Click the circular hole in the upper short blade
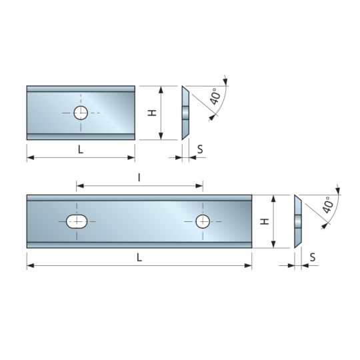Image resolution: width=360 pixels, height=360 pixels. point(81,113)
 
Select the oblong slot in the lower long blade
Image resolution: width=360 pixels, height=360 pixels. point(77,221)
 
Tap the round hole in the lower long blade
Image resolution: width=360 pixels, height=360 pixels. point(203,221)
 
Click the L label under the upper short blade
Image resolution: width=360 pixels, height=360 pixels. point(81,150)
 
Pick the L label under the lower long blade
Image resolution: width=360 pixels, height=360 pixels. point(139,257)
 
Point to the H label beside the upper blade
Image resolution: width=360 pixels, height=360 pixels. point(152,113)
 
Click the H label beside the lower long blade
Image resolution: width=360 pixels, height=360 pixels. point(265,221)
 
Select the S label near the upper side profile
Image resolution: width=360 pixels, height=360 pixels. point(200,149)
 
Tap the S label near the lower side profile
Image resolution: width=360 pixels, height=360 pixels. point(313,257)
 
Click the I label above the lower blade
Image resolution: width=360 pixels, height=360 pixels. point(139,177)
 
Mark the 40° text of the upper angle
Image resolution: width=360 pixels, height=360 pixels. point(215,96)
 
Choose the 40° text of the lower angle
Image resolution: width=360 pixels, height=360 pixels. point(327,205)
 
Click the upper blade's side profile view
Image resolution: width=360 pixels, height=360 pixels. point(185,113)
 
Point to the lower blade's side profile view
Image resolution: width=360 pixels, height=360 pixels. point(298,221)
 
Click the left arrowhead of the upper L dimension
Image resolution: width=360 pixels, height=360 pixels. point(31,158)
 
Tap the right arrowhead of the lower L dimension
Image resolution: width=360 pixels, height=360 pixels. point(248,265)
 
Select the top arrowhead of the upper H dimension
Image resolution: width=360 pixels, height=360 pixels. point(161,90)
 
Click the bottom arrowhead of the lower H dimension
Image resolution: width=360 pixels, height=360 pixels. point(273,244)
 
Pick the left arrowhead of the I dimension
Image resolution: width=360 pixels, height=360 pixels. point(80,186)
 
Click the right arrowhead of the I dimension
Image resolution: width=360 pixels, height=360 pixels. point(199,186)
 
